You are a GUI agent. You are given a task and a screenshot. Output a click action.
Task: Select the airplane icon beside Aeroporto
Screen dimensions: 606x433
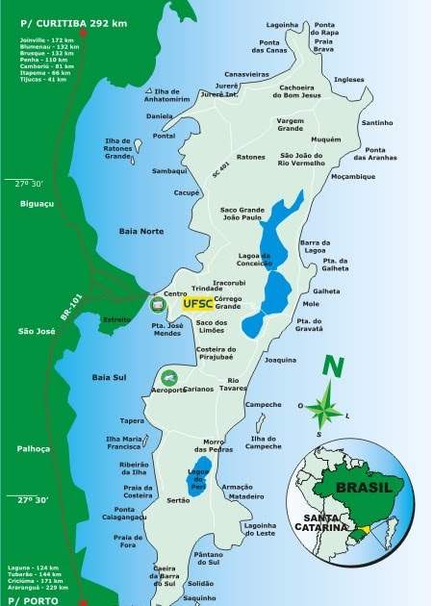(168, 377)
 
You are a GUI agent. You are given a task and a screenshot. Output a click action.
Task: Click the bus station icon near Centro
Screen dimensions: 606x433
(158, 304)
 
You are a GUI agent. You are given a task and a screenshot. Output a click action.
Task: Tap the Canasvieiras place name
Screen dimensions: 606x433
(248, 73)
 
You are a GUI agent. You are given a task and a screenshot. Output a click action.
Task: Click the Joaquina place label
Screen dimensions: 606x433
(280, 360)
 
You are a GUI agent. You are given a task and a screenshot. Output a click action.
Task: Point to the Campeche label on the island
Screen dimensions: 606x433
(263, 405)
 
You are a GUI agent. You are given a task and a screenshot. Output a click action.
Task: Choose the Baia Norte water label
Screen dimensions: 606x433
(141, 231)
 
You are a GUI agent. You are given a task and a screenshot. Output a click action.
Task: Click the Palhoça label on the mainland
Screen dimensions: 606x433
(33, 449)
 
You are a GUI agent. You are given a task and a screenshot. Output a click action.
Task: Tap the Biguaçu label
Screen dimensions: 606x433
(37, 203)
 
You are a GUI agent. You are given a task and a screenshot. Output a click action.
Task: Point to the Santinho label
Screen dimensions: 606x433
(376, 123)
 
